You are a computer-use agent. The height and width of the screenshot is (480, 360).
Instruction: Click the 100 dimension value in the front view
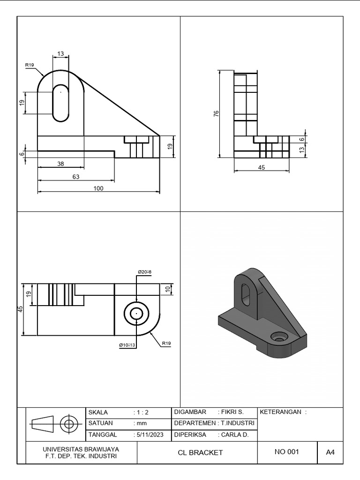98,188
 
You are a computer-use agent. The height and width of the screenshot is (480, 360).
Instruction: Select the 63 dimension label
76,177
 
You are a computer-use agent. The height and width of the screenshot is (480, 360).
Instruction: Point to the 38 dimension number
61,164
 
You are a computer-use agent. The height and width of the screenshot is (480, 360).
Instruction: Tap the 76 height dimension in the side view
216,114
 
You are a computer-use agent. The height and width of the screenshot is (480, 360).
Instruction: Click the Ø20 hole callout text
144,272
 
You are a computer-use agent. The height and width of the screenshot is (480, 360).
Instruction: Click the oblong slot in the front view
60,103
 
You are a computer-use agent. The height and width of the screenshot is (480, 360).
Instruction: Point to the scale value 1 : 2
141,412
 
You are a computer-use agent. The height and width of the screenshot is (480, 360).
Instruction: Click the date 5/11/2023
149,435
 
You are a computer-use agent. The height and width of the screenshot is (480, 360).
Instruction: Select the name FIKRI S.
231,412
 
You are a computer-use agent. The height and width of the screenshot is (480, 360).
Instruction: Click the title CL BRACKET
200,452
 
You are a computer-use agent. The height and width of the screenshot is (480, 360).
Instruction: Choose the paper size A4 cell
330,452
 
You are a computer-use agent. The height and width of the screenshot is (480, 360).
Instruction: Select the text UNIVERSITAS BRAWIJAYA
81,449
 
